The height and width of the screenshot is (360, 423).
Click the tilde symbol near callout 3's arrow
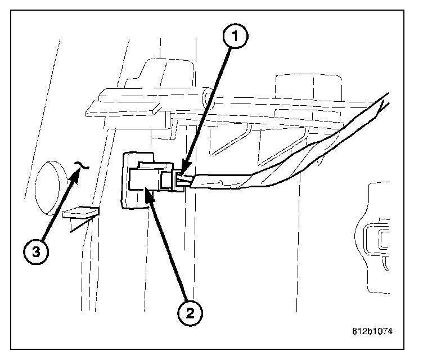(x=82, y=165)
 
